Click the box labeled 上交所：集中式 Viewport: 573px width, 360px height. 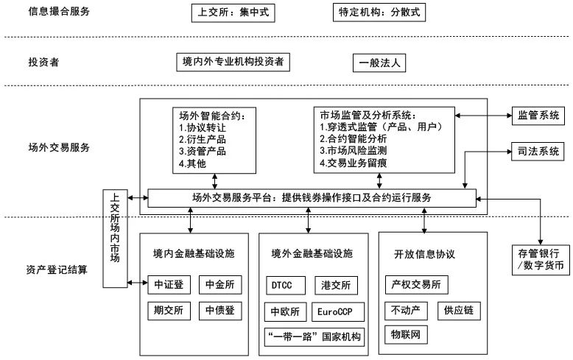(x=231, y=13)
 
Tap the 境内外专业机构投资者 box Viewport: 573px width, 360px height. (x=233, y=62)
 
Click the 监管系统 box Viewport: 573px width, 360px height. (x=538, y=115)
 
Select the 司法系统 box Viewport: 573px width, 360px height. (x=538, y=153)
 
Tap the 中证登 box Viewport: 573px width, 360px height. (x=170, y=283)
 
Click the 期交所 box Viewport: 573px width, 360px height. (x=170, y=310)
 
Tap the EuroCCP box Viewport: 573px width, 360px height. (x=336, y=311)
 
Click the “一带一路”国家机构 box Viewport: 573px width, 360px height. (x=314, y=337)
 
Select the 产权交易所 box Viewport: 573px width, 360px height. (x=416, y=284)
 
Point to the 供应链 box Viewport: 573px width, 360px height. (x=459, y=310)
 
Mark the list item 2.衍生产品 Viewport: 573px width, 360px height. (x=203, y=138)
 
